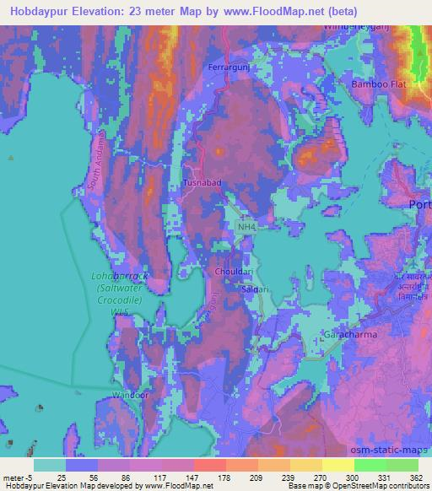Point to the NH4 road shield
[x=246, y=227]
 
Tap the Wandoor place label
[x=129, y=393]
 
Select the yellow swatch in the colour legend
[x=337, y=465]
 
